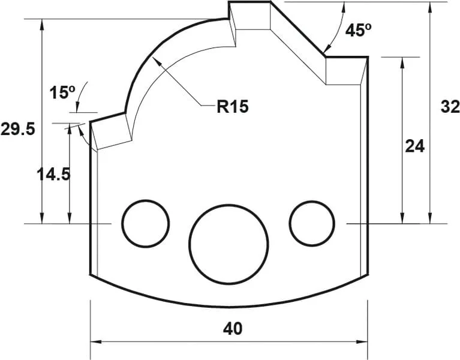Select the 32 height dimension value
[450, 107]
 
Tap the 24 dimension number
[414, 146]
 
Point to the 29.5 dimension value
[18, 129]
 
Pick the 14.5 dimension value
[53, 174]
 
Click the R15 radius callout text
[232, 107]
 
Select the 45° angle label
[359, 30]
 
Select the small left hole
[145, 223]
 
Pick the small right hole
[312, 223]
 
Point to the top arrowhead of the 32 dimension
[431, 7]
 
